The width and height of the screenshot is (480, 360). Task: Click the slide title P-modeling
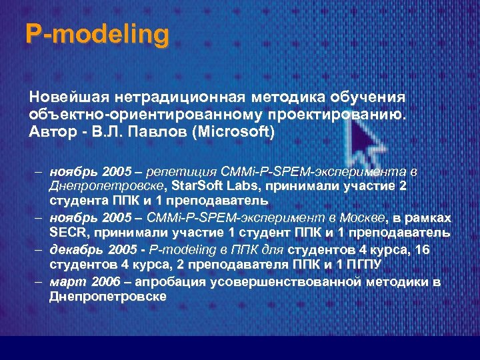coord(97,34)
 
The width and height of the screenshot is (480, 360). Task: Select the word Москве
coord(364,219)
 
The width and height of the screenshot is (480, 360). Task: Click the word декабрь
coord(73,250)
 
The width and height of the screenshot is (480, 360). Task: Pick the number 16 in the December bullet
coord(422,250)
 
